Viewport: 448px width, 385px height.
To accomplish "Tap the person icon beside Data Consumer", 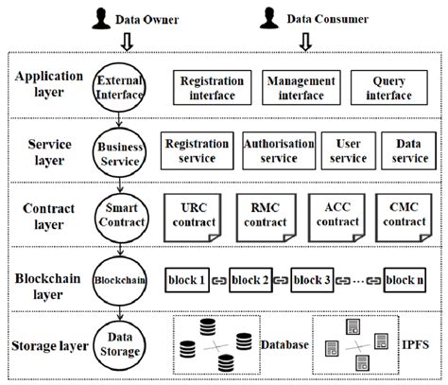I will click(268, 15).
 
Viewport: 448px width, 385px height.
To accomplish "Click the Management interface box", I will click(295, 87).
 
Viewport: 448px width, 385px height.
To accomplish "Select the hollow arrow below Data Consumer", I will click(304, 41).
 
